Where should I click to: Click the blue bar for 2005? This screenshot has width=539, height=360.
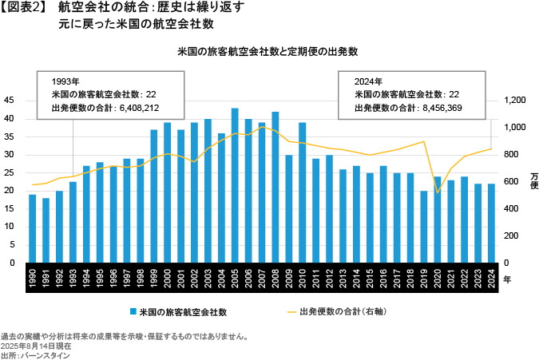pos(235,185)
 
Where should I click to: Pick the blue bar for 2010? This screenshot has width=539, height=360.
pos(303,192)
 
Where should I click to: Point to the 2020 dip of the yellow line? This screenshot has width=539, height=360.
pos(438,192)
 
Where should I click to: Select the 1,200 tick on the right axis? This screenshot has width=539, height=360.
pos(515,101)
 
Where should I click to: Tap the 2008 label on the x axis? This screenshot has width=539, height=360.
pos(275,281)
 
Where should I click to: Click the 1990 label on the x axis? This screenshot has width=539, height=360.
pos(33,281)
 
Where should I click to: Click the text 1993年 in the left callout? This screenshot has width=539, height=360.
pos(65,81)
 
